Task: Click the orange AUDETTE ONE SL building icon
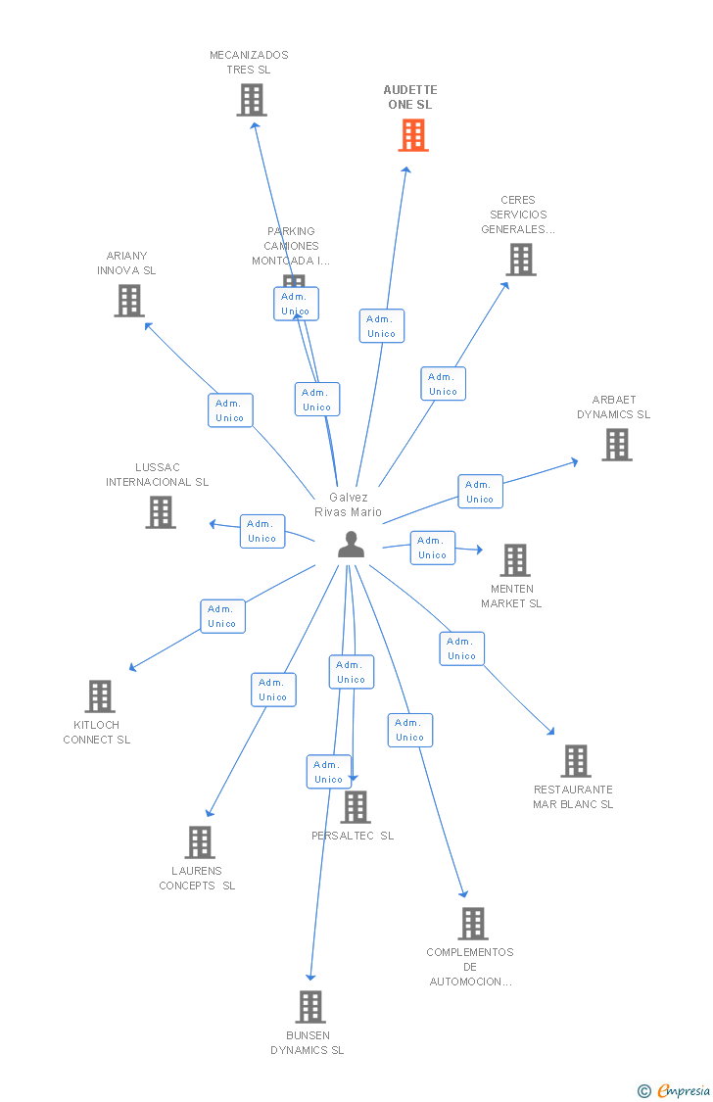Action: (x=413, y=135)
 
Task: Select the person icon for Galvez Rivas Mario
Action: (x=351, y=545)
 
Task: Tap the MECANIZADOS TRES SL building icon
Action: (x=252, y=100)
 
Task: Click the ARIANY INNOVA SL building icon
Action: (x=129, y=301)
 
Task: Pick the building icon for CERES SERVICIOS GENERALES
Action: (x=521, y=260)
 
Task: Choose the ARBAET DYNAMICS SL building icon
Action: (x=616, y=445)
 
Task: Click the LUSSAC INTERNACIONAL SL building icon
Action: (x=161, y=512)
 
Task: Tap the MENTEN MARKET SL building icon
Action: (x=514, y=560)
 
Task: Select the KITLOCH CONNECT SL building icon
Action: (x=100, y=696)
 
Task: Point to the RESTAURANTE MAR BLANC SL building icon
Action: (x=575, y=761)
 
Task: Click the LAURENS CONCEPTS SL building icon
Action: (x=200, y=842)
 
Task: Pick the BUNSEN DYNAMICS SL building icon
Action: (x=309, y=1007)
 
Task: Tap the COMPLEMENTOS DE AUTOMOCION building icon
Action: (x=473, y=924)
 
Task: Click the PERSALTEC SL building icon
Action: (x=356, y=807)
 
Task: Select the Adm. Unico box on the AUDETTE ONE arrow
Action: (x=382, y=326)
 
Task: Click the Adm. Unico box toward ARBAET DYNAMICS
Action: (x=480, y=492)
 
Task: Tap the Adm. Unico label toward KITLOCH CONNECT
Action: (x=222, y=616)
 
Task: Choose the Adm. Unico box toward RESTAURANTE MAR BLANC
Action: (x=461, y=648)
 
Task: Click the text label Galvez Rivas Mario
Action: (x=348, y=504)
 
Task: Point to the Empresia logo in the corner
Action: (x=677, y=1090)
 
